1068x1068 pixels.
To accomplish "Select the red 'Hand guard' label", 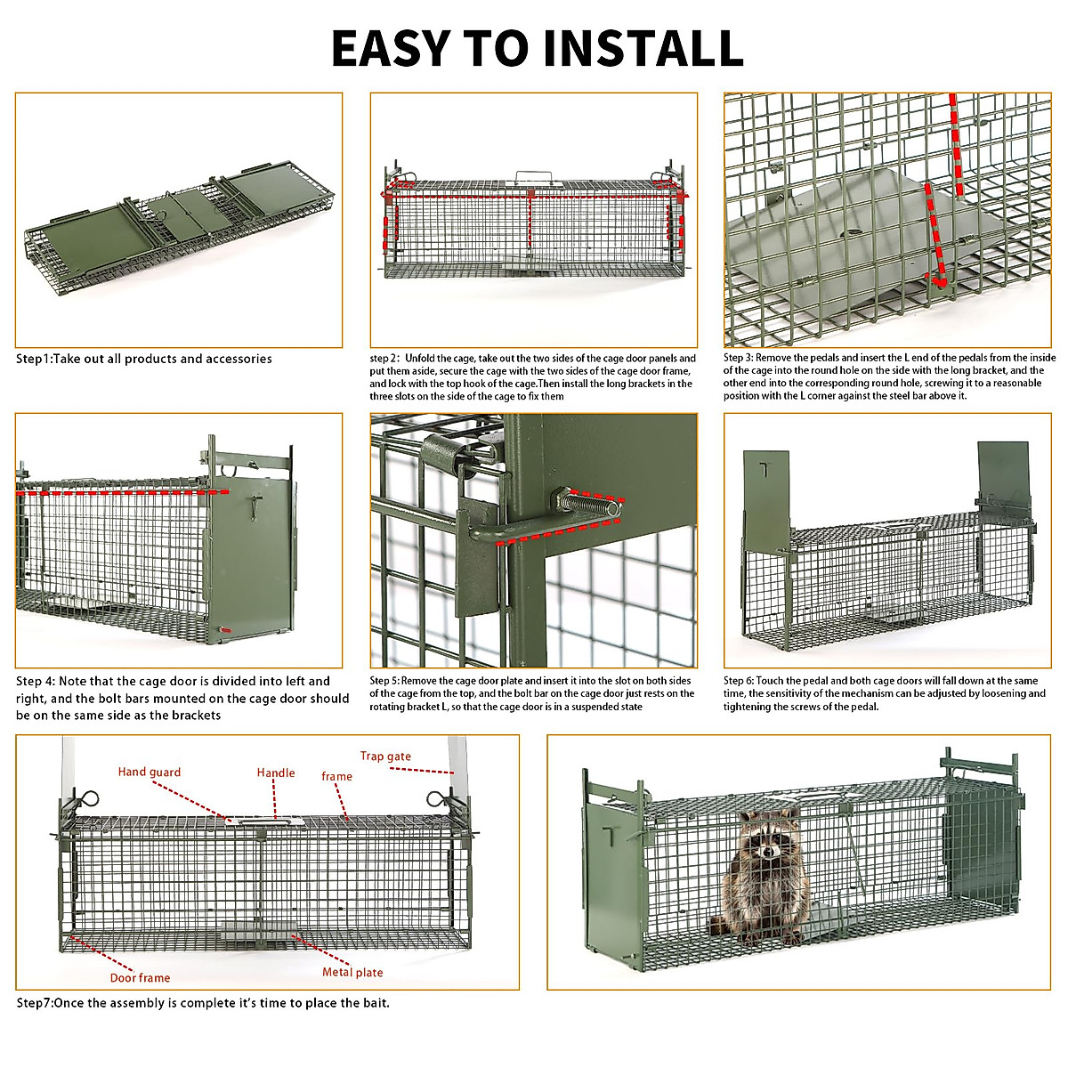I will coord(149,773).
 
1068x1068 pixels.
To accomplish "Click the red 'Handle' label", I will coord(276,773).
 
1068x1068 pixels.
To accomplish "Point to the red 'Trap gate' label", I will coord(385,756).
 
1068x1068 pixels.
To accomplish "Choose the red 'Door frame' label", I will coord(140,978).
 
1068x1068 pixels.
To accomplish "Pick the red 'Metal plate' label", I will coord(352,973).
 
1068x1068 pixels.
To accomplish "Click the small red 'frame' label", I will coord(336,777).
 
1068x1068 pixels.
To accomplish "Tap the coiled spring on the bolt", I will coord(589,505).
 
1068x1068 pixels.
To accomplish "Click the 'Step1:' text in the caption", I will coord(34,360).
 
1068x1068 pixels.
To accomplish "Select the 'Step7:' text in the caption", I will coord(35,1003).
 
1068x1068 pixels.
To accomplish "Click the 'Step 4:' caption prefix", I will coord(36,682).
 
